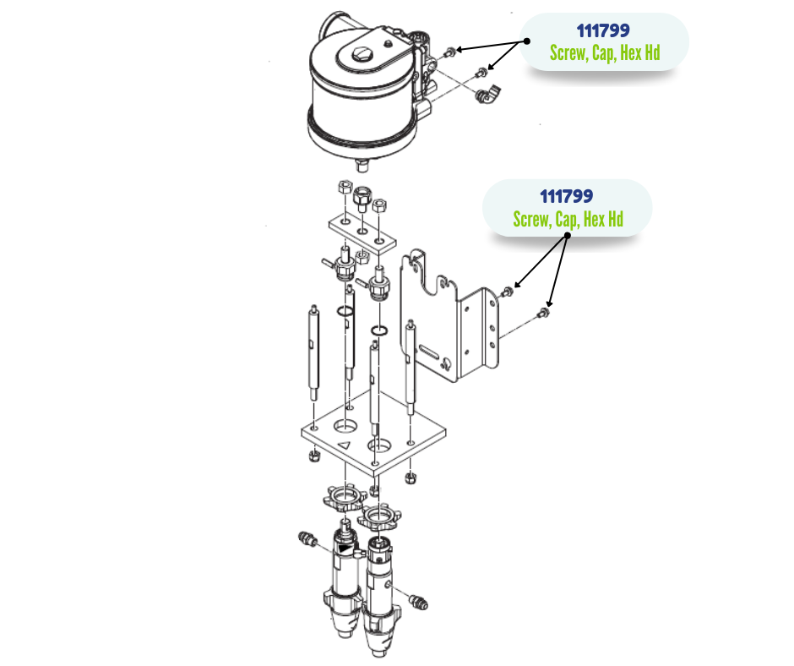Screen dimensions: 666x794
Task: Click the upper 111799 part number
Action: pyautogui.click(x=603, y=31)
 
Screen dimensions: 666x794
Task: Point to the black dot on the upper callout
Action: pyautogui.click(x=526, y=40)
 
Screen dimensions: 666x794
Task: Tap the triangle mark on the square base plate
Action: pyautogui.click(x=344, y=443)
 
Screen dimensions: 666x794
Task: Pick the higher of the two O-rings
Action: pyautogui.click(x=344, y=313)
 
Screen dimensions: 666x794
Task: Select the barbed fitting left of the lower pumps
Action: pyautogui.click(x=307, y=538)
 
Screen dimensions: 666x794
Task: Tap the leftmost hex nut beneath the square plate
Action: pyautogui.click(x=311, y=456)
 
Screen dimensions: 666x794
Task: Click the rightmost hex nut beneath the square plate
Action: pyautogui.click(x=411, y=479)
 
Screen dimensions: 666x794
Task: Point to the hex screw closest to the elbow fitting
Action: pyautogui.click(x=482, y=72)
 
